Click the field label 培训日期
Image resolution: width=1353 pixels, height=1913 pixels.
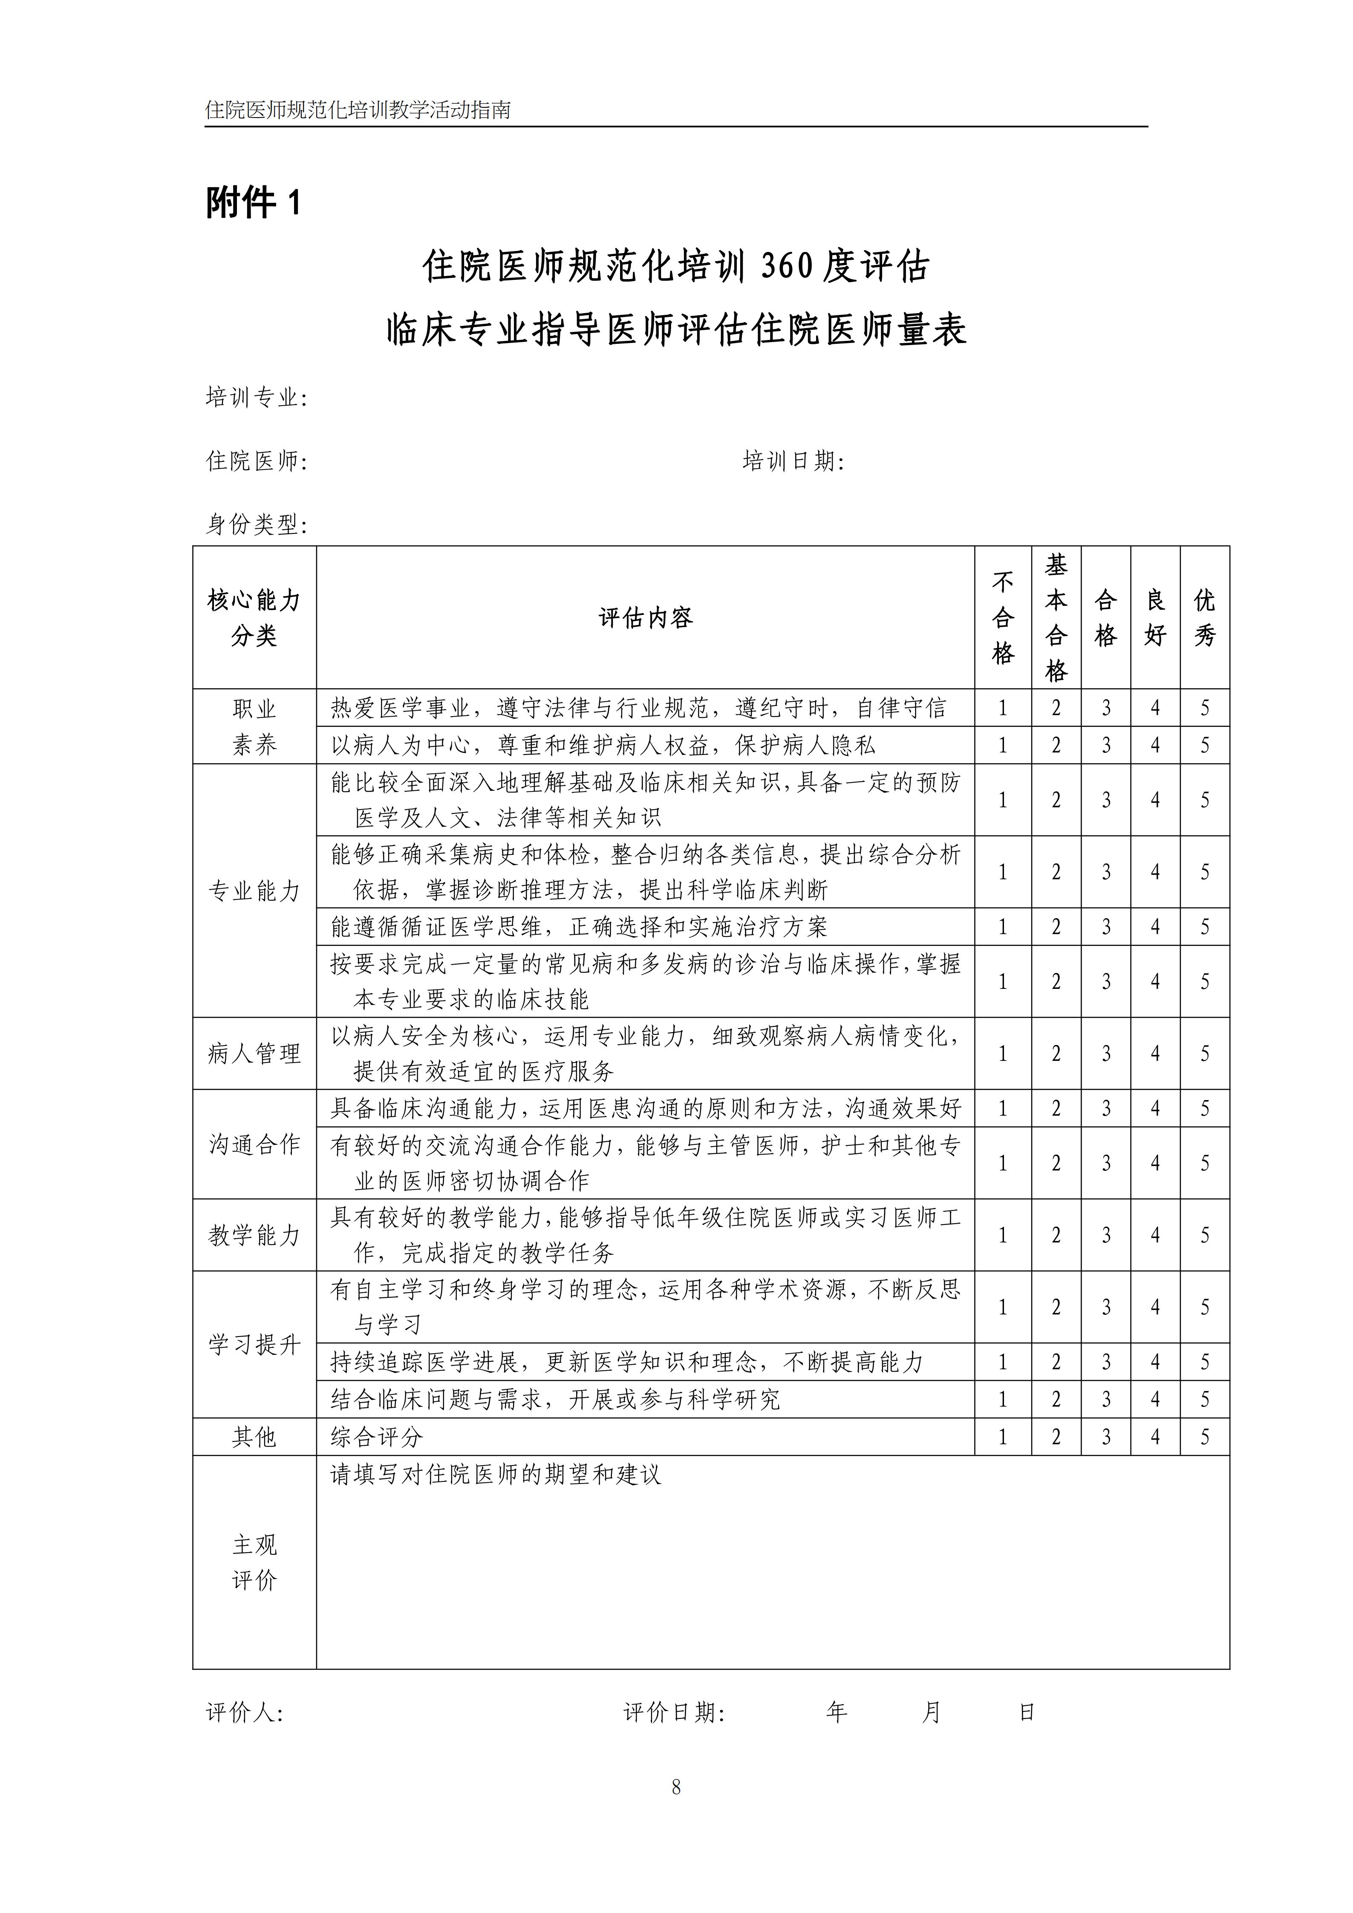click(792, 461)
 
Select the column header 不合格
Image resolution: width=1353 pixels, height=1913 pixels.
click(1003, 617)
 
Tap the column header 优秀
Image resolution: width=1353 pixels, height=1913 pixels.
click(1205, 617)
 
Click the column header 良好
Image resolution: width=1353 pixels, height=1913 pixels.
click(1155, 617)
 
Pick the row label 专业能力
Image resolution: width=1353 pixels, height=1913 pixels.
click(254, 891)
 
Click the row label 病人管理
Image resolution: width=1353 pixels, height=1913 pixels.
click(254, 1054)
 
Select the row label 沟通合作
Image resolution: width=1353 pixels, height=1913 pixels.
click(254, 1145)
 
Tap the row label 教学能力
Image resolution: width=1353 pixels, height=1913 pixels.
click(254, 1236)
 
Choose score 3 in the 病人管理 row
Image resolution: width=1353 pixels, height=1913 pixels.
click(1105, 1054)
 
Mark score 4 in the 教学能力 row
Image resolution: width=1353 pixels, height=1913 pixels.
click(1155, 1236)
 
